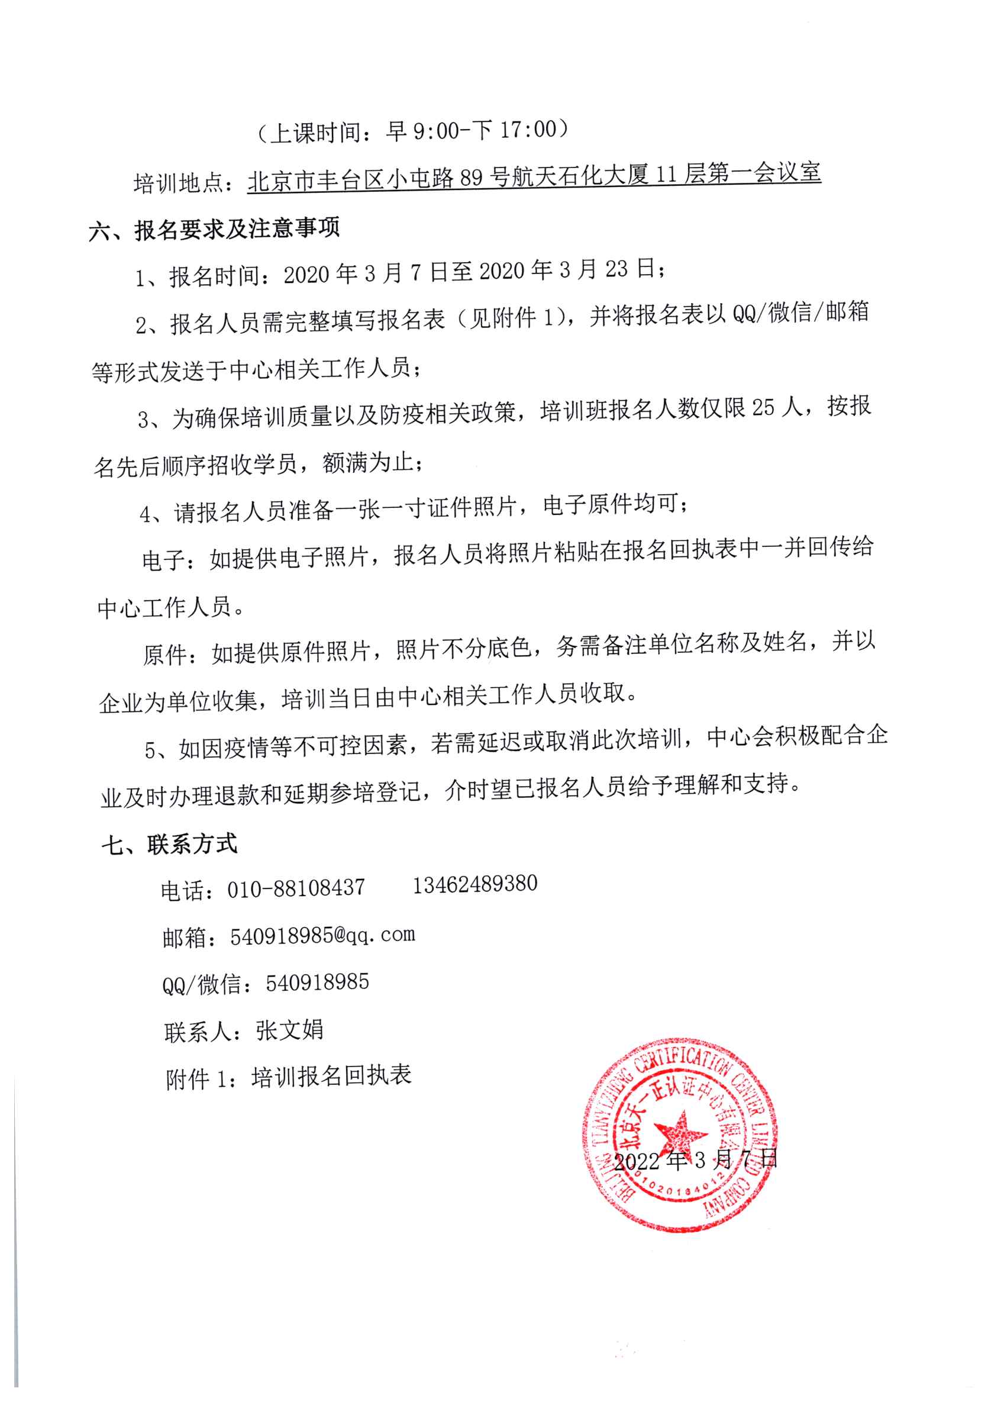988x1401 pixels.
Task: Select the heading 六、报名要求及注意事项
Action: click(214, 230)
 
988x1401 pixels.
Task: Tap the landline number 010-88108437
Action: click(296, 888)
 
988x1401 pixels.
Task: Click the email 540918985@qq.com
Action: click(322, 935)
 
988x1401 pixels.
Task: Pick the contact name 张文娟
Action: click(289, 1030)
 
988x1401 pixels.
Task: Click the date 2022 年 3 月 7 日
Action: click(695, 1160)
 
